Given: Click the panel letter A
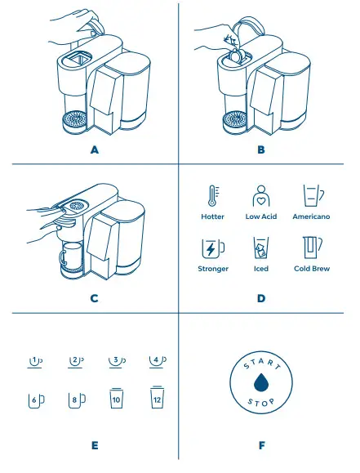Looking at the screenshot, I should [x=95, y=150].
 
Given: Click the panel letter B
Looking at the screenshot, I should [x=260, y=150].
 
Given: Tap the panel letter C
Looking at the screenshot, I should [x=95, y=297].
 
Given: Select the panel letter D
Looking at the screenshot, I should [x=260, y=297].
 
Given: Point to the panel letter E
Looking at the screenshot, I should [x=95, y=445].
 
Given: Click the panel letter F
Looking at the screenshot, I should [x=260, y=445].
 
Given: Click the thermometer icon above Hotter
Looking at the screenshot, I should [x=212, y=197].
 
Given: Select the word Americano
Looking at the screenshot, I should [x=311, y=217].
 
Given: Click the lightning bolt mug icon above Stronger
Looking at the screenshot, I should [x=212, y=248].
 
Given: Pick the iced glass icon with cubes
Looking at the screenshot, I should [x=260, y=248].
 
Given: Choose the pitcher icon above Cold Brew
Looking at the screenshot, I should [x=312, y=248].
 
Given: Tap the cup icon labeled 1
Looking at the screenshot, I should [x=36, y=360].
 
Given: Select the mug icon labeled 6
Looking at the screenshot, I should [x=36, y=399].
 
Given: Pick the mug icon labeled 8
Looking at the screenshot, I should [x=76, y=399].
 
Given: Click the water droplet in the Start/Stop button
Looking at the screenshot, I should [x=260, y=383].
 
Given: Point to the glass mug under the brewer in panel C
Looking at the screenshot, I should [x=71, y=255].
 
